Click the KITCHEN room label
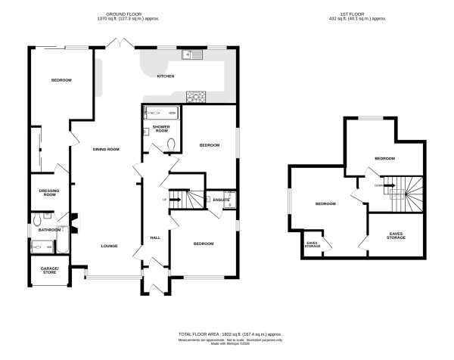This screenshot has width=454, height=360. [166, 76]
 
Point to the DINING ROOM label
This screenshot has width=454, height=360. [106, 149]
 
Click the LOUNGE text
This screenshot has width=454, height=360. [111, 246]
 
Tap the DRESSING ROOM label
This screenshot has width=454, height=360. [48, 193]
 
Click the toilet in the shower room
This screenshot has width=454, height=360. [172, 144]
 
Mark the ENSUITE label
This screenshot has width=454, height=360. [221, 200]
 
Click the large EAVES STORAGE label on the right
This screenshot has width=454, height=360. [396, 236]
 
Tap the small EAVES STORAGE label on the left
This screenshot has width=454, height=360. [313, 244]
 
